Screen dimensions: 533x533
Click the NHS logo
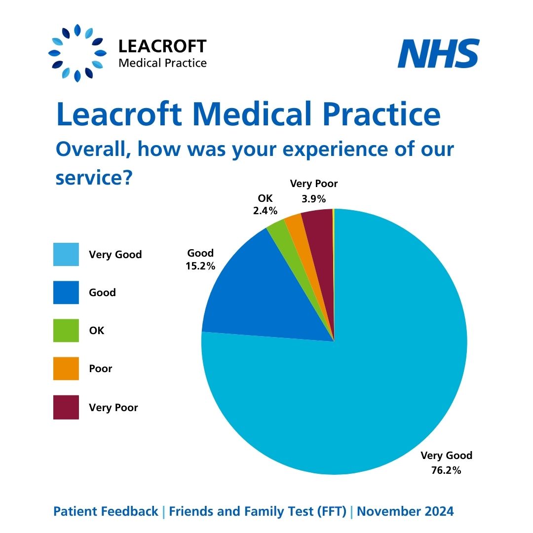pyautogui.click(x=438, y=54)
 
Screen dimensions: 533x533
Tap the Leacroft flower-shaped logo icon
pyautogui.click(x=77, y=53)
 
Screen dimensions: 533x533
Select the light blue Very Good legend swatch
pyautogui.click(x=66, y=255)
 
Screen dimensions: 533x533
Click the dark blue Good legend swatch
pyautogui.click(x=66, y=293)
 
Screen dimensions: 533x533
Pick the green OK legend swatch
pyautogui.click(x=66, y=331)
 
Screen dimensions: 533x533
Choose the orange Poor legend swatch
pyautogui.click(x=66, y=369)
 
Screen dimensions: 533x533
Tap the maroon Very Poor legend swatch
pyautogui.click(x=66, y=407)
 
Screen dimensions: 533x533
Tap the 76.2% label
pyautogui.click(x=446, y=470)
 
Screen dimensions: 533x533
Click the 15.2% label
pyautogui.click(x=201, y=266)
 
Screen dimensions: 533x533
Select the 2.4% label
pyautogui.click(x=265, y=211)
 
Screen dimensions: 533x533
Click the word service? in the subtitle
pyautogui.click(x=93, y=177)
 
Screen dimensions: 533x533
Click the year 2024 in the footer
pyautogui.click(x=440, y=512)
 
